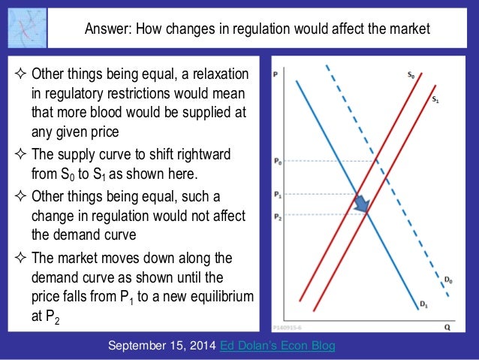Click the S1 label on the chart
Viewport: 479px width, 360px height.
[436, 98]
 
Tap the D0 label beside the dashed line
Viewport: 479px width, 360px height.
[447, 280]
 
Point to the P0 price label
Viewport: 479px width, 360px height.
[277, 160]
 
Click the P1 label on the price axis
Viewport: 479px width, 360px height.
[277, 194]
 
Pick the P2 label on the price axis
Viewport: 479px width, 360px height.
[277, 215]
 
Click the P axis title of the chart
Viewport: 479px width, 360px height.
[276, 74]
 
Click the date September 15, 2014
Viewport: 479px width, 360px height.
[163, 346]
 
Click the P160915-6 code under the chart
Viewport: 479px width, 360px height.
[288, 328]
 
